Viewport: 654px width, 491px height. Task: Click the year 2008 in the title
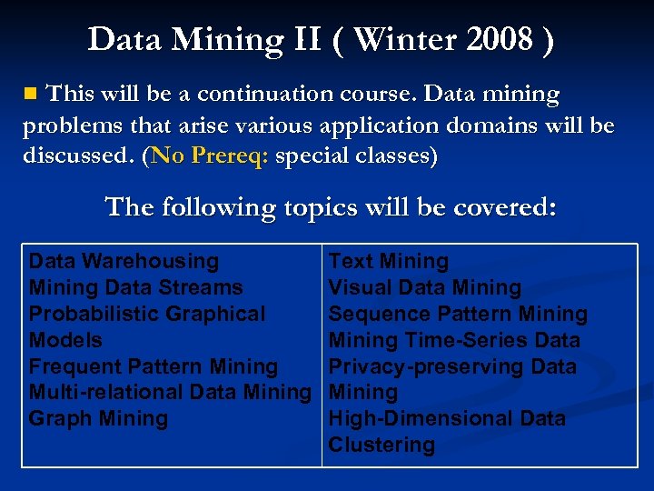499,40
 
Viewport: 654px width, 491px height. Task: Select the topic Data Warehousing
124,262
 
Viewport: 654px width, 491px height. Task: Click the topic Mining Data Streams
135,288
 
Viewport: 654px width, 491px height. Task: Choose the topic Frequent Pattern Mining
153,367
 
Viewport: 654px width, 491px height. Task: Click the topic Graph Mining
98,419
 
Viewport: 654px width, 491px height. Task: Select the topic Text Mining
388,262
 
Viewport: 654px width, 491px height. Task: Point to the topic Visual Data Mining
424,288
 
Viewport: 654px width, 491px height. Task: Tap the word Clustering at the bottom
381,446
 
